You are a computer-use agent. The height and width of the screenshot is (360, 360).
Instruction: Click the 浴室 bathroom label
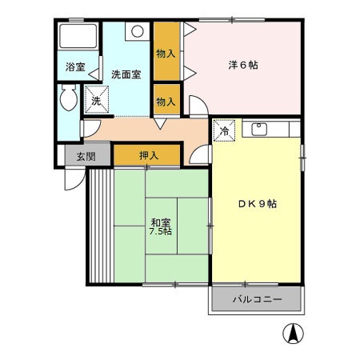click(x=74, y=67)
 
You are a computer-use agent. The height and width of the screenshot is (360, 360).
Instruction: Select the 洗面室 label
click(x=126, y=74)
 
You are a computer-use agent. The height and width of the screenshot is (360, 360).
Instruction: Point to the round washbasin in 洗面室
click(x=138, y=33)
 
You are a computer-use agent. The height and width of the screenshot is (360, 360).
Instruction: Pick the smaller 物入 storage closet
click(x=166, y=102)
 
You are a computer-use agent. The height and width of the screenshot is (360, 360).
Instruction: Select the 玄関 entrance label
click(x=85, y=156)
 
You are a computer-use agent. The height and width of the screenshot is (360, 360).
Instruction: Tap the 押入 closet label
click(x=147, y=155)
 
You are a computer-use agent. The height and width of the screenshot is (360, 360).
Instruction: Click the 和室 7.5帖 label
click(x=160, y=226)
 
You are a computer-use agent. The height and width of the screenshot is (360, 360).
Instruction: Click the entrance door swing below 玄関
click(x=74, y=178)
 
